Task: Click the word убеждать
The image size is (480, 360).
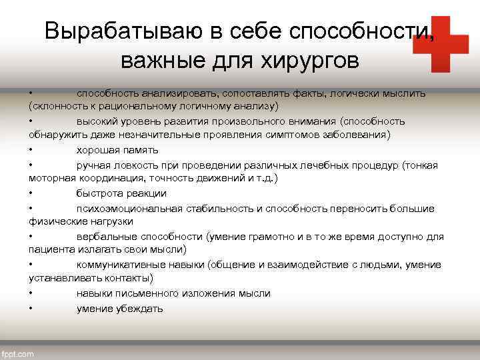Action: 140,309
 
